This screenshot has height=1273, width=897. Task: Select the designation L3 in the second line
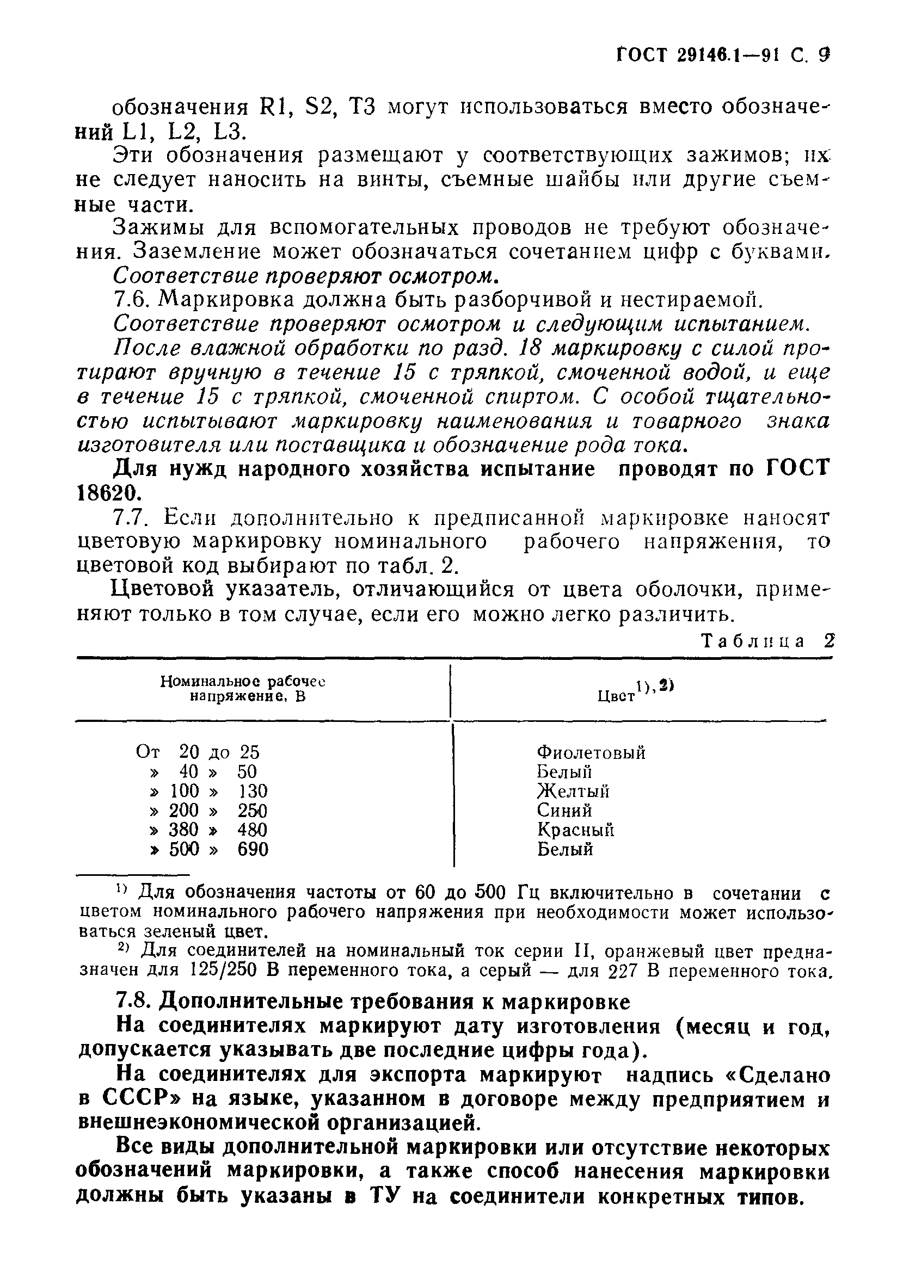tap(228, 132)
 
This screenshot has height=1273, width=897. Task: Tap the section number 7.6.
tap(132, 299)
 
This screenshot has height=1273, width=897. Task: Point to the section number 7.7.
tap(132, 517)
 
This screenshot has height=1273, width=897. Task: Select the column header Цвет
tap(616, 696)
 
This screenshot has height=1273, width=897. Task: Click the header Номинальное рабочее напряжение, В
tap(242, 689)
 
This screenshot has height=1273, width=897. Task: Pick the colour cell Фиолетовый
tap(591, 752)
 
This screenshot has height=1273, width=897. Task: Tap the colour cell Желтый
tap(573, 790)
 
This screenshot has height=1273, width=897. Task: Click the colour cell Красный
tap(575, 830)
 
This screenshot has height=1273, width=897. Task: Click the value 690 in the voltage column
tap(253, 849)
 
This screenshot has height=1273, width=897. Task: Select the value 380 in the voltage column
tap(183, 830)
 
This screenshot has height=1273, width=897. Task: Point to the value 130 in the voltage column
tap(253, 790)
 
